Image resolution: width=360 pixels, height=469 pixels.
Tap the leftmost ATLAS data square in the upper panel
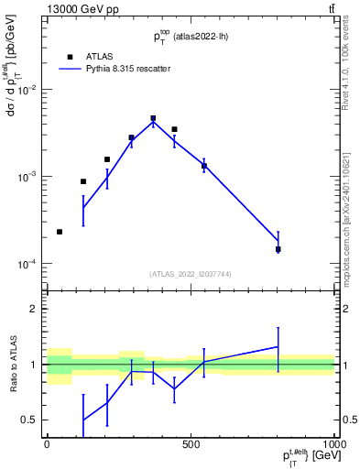point(60,232)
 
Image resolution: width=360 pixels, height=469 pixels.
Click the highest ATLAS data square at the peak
point(153,118)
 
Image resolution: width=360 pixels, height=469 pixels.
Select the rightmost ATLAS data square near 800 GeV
point(278,248)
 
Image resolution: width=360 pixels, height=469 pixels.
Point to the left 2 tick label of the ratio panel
point(33,309)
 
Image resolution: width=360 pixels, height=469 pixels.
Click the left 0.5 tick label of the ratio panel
point(28,420)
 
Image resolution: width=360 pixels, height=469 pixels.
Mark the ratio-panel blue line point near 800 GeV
point(278,346)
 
